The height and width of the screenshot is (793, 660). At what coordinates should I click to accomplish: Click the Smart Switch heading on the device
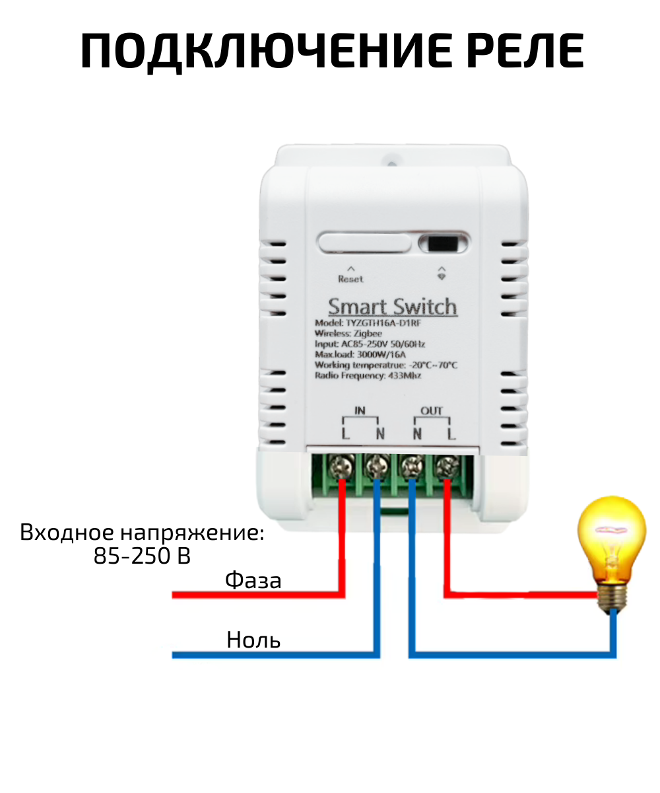pos(392,307)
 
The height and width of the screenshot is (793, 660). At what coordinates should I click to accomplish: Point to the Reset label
pos(350,279)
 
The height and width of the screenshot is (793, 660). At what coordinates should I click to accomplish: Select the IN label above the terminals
pos(360,411)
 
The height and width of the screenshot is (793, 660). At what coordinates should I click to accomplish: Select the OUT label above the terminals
pos(432,411)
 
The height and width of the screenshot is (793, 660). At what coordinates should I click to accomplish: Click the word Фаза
pos(253,581)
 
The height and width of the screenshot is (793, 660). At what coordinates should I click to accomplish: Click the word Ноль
pos(253,640)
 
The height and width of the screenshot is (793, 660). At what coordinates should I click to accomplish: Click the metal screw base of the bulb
pos(612,597)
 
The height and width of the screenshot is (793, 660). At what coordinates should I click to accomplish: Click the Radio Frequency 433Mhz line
pos(368,375)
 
